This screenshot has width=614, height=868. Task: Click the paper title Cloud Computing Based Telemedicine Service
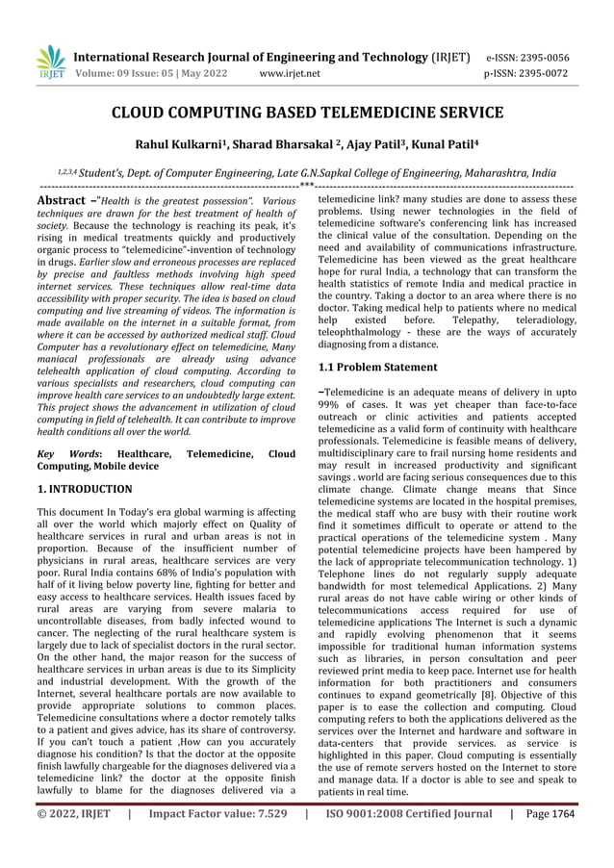point(307,114)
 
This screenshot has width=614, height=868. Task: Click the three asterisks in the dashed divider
point(307,184)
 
